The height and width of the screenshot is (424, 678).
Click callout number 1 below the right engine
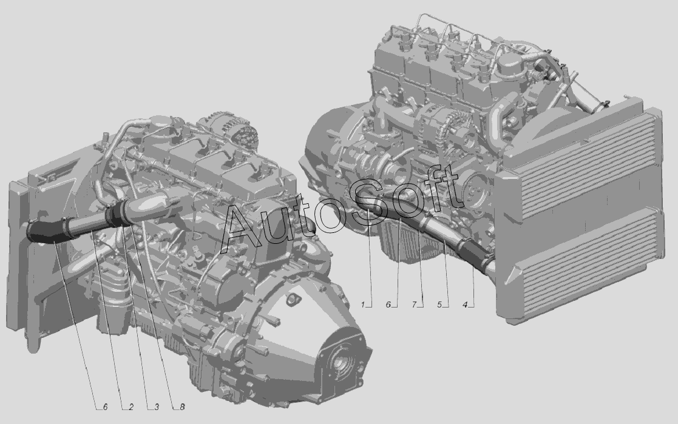pyautogui.click(x=363, y=305)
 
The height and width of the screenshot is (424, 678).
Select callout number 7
pyautogui.click(x=414, y=305)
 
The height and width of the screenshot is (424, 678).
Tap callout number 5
pyautogui.click(x=439, y=305)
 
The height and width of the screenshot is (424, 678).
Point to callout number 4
pyautogui.click(x=466, y=305)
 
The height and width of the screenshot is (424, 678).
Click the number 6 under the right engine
pyautogui.click(x=388, y=305)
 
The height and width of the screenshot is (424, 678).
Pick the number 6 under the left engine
pyautogui.click(x=105, y=406)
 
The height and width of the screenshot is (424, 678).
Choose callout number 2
pyautogui.click(x=131, y=406)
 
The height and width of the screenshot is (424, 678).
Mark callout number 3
pyautogui.click(x=157, y=406)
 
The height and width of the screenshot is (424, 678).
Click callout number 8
pyautogui.click(x=182, y=406)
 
